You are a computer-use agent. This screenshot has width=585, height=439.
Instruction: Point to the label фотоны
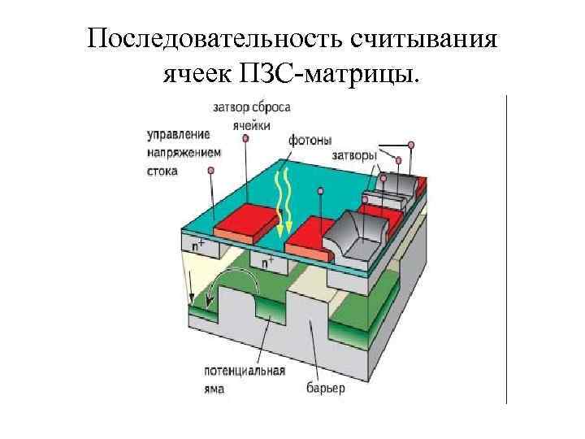tap(309, 139)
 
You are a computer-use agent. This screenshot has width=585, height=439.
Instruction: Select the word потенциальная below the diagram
tap(243, 372)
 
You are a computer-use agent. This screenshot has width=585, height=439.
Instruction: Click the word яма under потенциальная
tap(214, 389)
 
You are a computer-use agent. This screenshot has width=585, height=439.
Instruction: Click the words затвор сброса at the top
tap(252, 106)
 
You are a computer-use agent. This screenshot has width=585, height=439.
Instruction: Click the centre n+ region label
tap(266, 262)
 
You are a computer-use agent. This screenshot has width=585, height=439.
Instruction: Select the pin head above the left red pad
tap(246, 140)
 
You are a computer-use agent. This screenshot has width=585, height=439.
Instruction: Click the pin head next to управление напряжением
tap(212, 171)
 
